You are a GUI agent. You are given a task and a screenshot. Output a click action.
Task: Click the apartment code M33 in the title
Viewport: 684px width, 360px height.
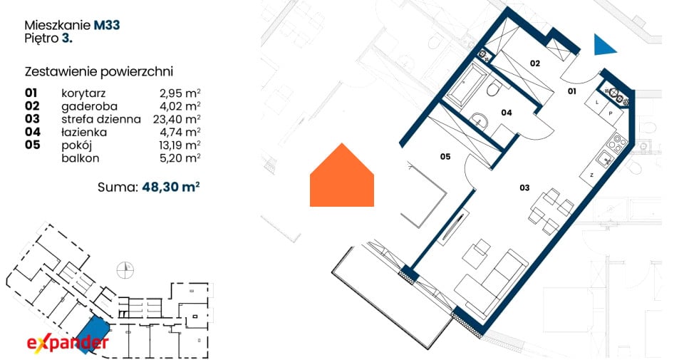[x=107, y=26]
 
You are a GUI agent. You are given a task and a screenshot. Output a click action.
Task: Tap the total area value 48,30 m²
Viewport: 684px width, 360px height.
[x=171, y=187]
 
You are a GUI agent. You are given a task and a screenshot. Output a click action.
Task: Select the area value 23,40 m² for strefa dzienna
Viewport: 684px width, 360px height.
[x=177, y=119]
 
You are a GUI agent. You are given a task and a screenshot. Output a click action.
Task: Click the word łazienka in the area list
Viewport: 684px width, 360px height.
[x=84, y=132]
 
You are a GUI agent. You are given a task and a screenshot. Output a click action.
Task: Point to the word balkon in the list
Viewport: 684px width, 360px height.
[x=81, y=158]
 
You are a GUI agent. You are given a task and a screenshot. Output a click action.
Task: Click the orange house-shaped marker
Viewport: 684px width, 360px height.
[x=342, y=175]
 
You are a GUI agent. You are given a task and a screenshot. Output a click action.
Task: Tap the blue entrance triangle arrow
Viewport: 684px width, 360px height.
[x=604, y=44]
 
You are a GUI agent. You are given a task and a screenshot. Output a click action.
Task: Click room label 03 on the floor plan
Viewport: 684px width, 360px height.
[x=524, y=187]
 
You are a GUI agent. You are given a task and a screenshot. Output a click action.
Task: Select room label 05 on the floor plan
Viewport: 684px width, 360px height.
[x=445, y=157]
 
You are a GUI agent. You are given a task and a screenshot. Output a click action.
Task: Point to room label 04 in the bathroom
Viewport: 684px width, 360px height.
[x=506, y=113]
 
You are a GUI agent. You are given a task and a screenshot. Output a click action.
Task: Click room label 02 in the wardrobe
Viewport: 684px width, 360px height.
[x=535, y=63]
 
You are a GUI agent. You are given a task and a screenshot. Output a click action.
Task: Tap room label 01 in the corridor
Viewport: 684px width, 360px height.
[x=572, y=91]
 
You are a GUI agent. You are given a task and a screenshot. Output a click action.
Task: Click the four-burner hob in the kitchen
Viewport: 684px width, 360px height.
[x=617, y=143]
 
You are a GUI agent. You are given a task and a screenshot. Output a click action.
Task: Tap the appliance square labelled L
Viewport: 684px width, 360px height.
[x=596, y=103]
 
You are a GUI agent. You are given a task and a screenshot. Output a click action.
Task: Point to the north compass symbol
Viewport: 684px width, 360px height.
[x=125, y=270]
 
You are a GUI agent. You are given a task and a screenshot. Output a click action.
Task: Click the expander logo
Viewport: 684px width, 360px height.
[x=68, y=343]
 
